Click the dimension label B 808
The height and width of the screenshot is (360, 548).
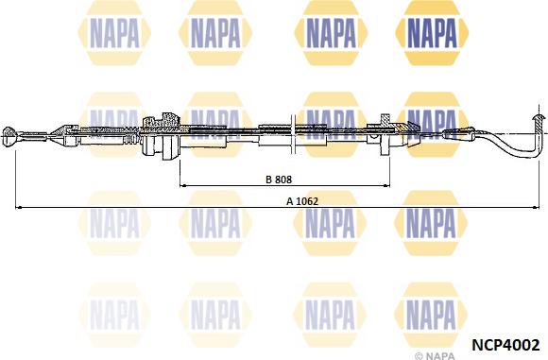click(279, 180)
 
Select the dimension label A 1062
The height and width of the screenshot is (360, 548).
click(302, 201)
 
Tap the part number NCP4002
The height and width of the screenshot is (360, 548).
click(505, 345)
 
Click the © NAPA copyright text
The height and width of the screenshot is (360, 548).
click(437, 356)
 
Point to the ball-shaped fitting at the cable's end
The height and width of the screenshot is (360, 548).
click(9, 136)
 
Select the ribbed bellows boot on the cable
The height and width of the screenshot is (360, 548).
click(132, 139)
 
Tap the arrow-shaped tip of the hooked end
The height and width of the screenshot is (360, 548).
click(538, 118)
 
